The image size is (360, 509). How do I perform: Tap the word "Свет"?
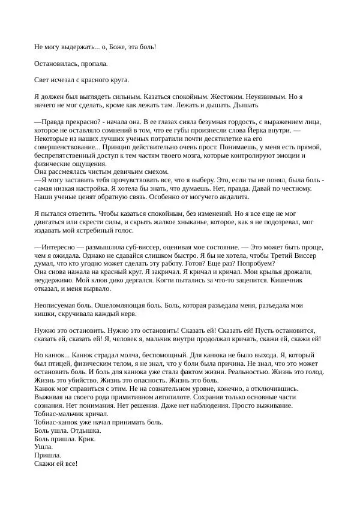point(42,79)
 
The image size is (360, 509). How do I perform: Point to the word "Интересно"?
point(58,246)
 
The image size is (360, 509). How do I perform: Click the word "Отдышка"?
point(86,430)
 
